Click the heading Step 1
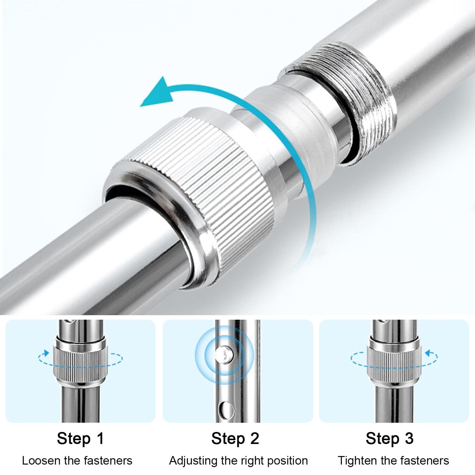[80, 438]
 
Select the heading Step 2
[235, 438]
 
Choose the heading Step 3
[390, 438]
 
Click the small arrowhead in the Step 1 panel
[47, 353]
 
